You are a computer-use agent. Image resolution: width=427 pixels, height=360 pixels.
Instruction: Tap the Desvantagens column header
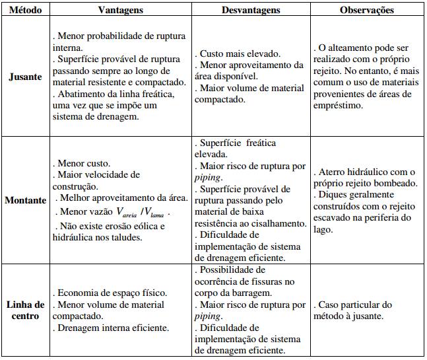[251, 11]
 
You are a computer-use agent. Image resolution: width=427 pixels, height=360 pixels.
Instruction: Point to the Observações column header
[367, 11]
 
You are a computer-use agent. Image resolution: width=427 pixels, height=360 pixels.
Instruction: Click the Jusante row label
[25, 77]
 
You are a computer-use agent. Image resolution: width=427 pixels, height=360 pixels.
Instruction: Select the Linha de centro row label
[25, 310]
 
